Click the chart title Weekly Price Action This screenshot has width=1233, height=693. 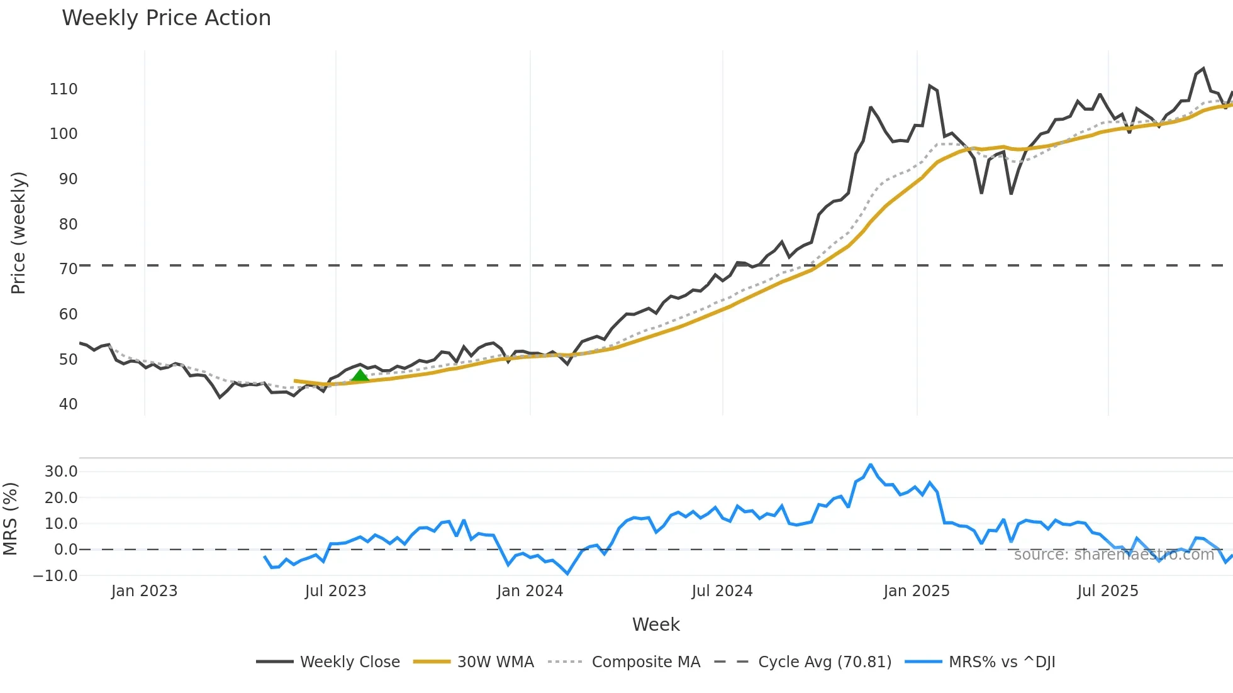(x=166, y=18)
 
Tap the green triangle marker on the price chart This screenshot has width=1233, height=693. (x=360, y=376)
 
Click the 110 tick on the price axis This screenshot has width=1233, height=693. (x=64, y=89)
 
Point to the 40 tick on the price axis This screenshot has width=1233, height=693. (x=68, y=404)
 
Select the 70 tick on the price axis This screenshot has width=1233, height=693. (x=68, y=269)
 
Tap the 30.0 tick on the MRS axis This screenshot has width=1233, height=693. (x=61, y=472)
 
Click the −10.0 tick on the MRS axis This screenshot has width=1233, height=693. (x=55, y=575)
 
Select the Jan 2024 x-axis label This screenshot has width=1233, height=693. (x=530, y=591)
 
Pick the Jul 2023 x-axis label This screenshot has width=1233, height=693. (x=335, y=591)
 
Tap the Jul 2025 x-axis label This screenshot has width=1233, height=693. (x=1107, y=591)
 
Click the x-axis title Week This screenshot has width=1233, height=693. (x=656, y=624)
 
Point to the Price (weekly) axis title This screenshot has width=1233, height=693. (x=19, y=233)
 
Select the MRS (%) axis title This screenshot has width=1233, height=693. (x=10, y=519)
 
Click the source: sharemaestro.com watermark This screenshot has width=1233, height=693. (x=1113, y=555)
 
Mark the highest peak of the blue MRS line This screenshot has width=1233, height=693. (x=871, y=465)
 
